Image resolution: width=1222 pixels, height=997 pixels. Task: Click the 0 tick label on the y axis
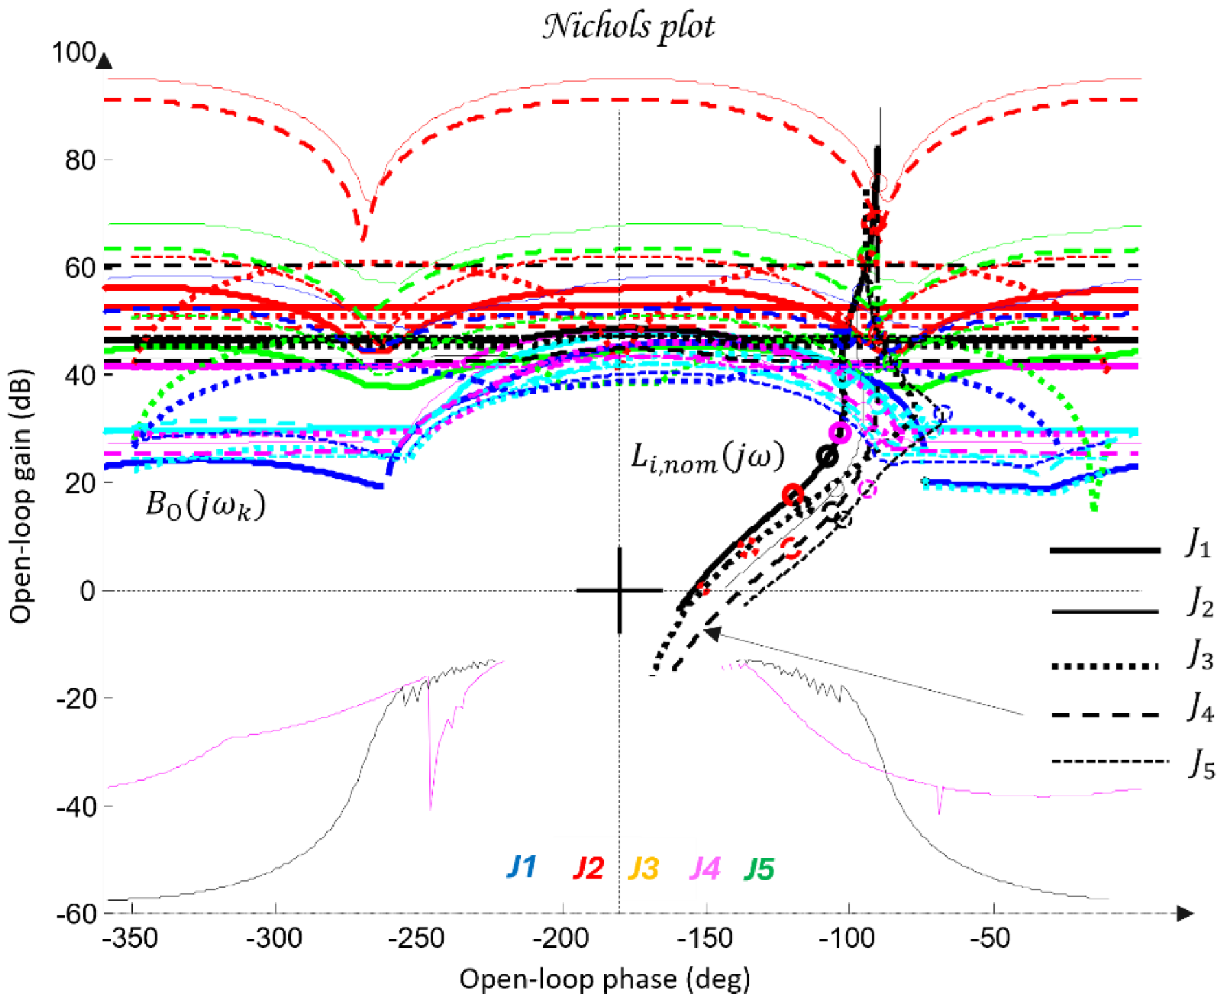87,591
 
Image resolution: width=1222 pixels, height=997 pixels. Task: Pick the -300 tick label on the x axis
275,939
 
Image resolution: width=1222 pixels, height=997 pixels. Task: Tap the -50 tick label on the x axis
993,939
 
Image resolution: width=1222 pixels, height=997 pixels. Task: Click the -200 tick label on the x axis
563,939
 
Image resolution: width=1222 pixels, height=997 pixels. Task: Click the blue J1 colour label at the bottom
521,868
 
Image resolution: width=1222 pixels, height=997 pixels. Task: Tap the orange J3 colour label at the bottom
644,868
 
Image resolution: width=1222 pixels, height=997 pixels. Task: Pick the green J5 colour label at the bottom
759,868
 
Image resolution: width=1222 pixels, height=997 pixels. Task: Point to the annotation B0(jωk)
205,506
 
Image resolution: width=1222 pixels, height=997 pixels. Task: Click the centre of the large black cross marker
620,590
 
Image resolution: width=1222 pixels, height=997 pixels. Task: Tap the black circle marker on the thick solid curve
829,457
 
